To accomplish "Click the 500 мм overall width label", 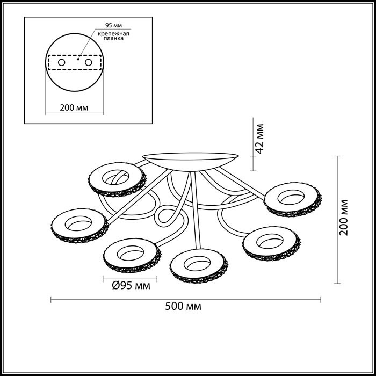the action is [183, 306].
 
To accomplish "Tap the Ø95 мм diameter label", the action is [131, 286].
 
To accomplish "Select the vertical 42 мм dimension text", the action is [259, 139].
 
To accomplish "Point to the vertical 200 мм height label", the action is [344, 217].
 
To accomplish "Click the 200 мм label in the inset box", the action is [74, 107].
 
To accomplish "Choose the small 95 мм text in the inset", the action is [113, 25].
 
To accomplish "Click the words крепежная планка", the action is [113, 36].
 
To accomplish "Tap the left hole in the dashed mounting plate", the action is [62, 62].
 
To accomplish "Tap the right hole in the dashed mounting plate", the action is [89, 62].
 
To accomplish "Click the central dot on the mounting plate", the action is [78, 59].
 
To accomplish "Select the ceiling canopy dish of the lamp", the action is [191, 161].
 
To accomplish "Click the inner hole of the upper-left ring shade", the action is [115, 177].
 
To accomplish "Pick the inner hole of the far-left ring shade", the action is [78, 223].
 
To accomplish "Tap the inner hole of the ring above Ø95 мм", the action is [131, 253].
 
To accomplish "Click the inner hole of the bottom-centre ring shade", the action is [197, 263].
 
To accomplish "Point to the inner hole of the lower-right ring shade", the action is [270, 241].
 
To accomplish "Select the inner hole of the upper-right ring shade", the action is [291, 197].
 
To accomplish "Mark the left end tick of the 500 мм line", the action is [51, 300].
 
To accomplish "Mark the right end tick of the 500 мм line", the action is [321, 300].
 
